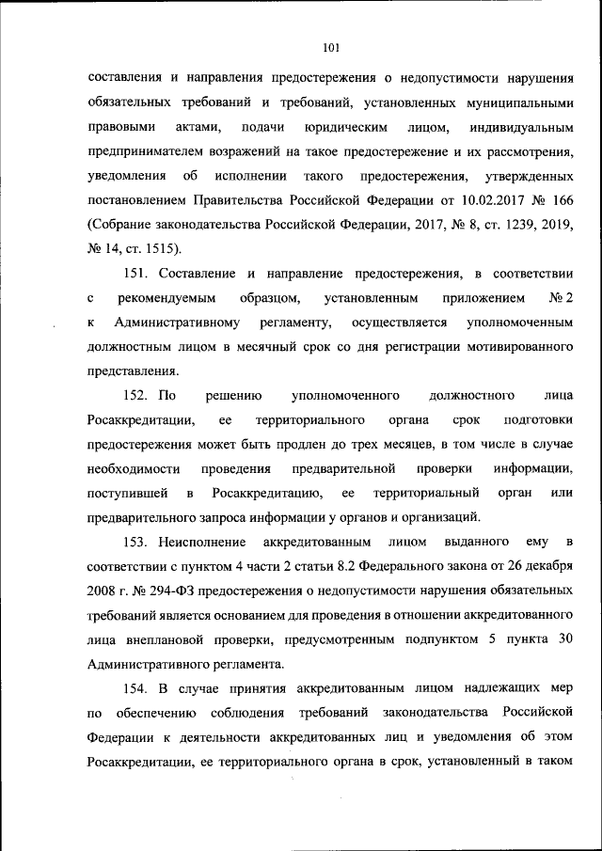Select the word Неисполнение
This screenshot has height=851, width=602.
(x=203, y=543)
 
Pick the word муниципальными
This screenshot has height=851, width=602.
(x=515, y=102)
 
